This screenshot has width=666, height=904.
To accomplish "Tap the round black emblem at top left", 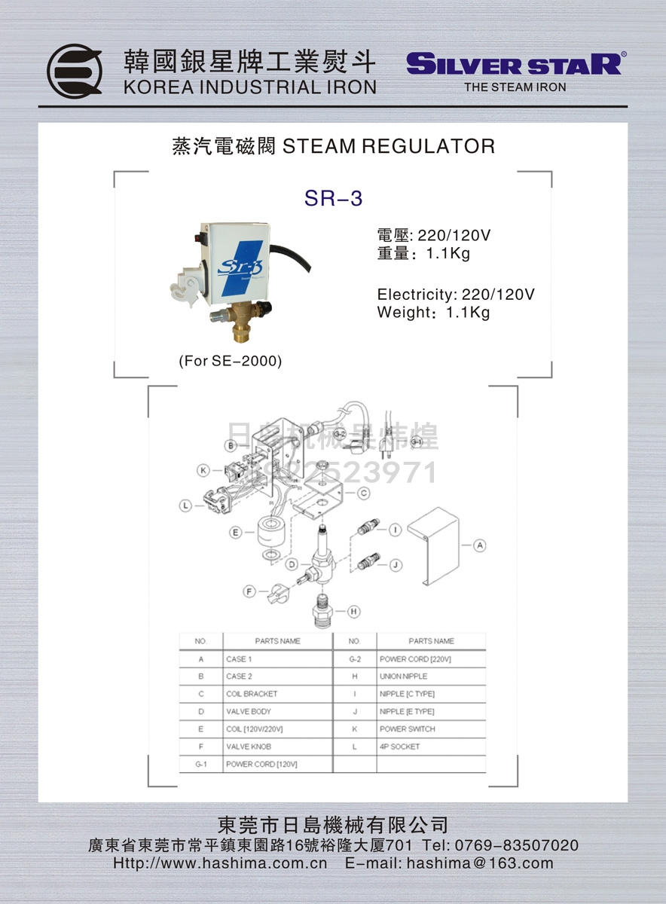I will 75,72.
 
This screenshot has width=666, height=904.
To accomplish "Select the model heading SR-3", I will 333,199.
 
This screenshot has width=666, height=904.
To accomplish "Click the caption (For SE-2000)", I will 231,362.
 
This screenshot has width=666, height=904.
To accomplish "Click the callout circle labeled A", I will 480,545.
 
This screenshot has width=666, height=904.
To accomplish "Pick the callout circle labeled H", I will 353,612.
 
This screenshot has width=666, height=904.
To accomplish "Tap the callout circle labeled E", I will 236,533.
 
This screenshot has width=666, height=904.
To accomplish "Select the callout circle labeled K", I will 203,471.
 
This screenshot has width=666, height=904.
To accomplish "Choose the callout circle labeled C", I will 363,493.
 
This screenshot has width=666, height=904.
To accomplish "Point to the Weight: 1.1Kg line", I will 433,313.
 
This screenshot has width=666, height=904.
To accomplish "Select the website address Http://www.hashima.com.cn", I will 220,863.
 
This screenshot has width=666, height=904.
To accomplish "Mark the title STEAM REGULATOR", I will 388,146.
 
